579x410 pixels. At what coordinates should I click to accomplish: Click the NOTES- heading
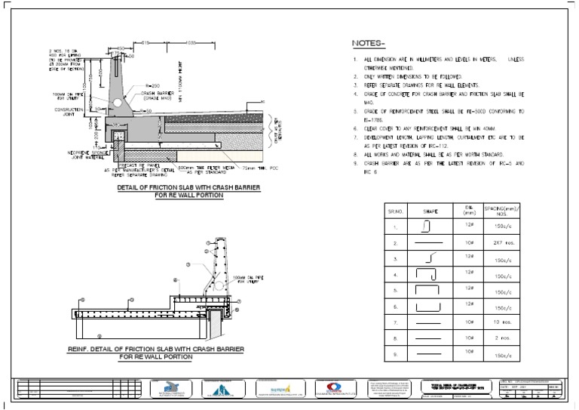tap(369, 43)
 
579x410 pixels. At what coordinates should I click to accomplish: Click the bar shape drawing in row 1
tap(426, 225)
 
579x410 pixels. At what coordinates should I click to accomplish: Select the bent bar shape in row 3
tap(427, 257)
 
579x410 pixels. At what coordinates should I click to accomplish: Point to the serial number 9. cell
tap(394, 354)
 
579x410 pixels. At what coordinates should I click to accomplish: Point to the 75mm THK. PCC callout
tap(233, 168)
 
